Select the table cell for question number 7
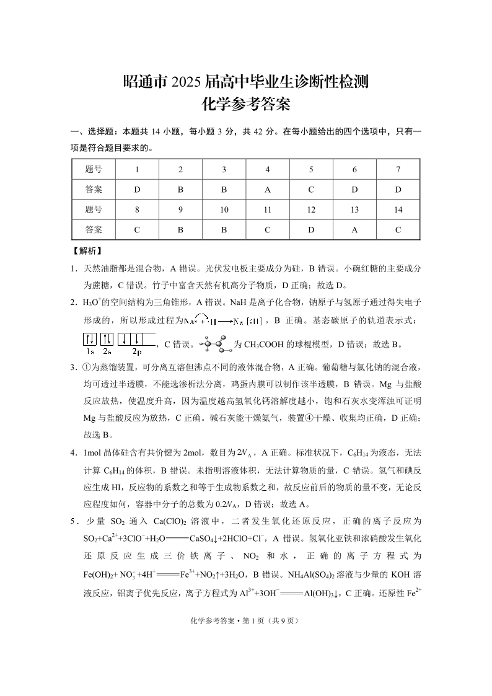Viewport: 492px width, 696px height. [x=398, y=169]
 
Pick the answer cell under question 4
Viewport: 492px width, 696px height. [x=267, y=189]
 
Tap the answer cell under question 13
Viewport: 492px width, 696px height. [x=354, y=229]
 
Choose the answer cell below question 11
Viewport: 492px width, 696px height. [x=267, y=229]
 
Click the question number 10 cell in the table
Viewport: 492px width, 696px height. [x=224, y=209]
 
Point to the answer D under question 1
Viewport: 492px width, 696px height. [x=137, y=189]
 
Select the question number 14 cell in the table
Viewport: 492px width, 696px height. [x=398, y=209]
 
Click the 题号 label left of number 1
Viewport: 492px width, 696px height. [x=94, y=169]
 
